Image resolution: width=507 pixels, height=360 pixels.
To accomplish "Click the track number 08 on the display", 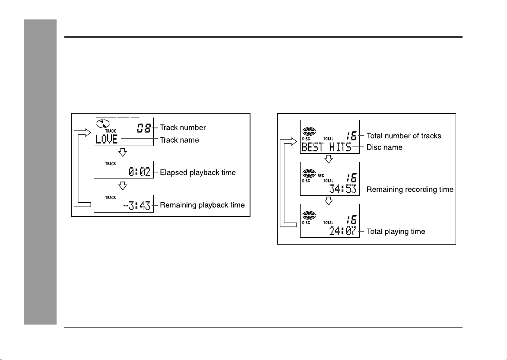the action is coord(144,128).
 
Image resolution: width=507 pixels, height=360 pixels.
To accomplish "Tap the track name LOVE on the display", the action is coord(107,140).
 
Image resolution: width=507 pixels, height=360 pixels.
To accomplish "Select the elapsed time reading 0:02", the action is coord(139,172).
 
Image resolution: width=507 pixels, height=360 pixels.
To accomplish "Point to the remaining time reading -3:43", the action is coord(137,205).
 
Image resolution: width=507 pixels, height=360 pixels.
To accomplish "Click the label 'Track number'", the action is coord(183,127).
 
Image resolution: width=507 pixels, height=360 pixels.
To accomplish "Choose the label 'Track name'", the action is coord(180,140).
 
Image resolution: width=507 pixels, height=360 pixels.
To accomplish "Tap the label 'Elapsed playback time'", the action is coord(198,172).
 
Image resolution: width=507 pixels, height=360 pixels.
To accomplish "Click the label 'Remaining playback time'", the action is coord(203,205).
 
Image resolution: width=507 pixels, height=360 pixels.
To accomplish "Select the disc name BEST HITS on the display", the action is coord(326,147).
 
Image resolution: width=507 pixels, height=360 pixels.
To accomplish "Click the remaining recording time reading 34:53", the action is coord(343,189).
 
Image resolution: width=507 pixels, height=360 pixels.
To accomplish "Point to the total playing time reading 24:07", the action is coord(343,231).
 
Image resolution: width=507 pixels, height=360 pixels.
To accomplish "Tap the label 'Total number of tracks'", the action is coord(404,136).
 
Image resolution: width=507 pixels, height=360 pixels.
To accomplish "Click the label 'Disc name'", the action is coord(384,147).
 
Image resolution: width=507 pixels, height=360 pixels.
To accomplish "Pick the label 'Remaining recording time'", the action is coord(410,189).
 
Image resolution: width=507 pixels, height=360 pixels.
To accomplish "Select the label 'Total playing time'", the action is coord(396,231).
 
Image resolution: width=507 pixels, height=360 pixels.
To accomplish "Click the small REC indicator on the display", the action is coord(321,176).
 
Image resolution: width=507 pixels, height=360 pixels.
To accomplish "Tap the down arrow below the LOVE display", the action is coord(123,153).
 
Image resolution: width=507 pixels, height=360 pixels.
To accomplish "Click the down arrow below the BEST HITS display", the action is coord(329,159).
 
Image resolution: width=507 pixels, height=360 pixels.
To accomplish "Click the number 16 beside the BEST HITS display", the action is coord(352,136).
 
